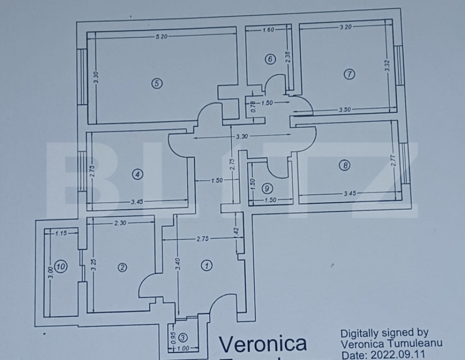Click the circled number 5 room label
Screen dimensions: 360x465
click(156, 83)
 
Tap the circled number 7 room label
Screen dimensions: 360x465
click(349, 74)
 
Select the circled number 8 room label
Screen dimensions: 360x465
click(344, 165)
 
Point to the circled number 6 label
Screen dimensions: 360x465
click(270, 59)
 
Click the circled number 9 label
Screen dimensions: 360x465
click(267, 188)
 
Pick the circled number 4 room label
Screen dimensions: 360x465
click(137, 174)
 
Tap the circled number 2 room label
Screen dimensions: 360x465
click(122, 267)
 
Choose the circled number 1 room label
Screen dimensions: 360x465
click(206, 266)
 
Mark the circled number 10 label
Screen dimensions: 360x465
click(60, 267)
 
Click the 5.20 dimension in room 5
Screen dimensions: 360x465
click(162, 37)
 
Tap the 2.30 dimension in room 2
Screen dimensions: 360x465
click(120, 223)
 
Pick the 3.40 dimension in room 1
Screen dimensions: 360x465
click(178, 263)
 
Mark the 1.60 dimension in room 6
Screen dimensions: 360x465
click(268, 30)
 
